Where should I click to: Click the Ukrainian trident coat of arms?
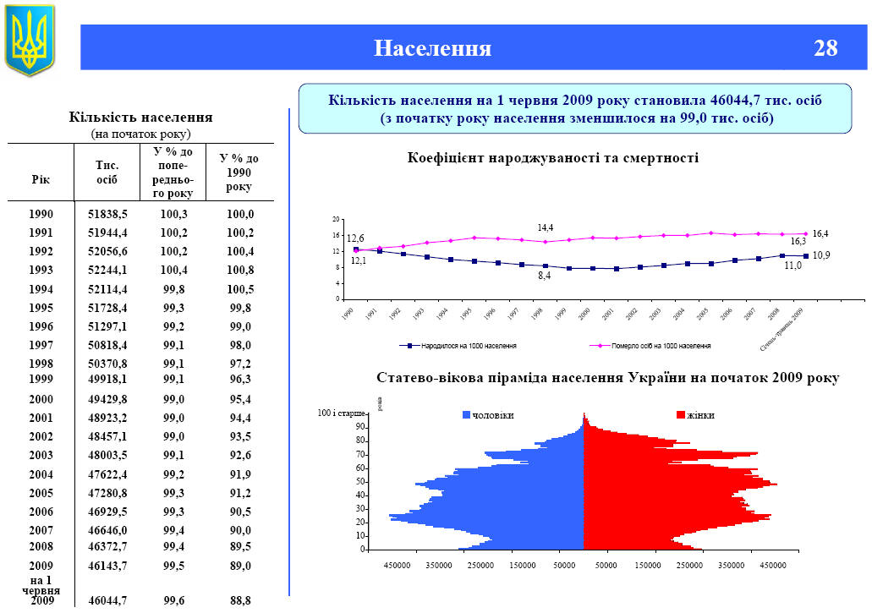(x=30, y=40)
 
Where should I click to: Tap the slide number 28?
(x=825, y=48)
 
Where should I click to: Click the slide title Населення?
(x=433, y=48)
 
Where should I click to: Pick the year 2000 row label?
(x=41, y=399)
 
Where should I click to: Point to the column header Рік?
(x=41, y=179)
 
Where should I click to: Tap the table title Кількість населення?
(x=140, y=117)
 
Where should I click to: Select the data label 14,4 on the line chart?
(x=546, y=228)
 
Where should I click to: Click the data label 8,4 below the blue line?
(x=545, y=276)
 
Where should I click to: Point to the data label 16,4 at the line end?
(x=820, y=233)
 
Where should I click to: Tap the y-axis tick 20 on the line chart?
(x=335, y=218)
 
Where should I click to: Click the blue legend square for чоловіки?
(x=466, y=415)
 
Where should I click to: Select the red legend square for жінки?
(x=681, y=415)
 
